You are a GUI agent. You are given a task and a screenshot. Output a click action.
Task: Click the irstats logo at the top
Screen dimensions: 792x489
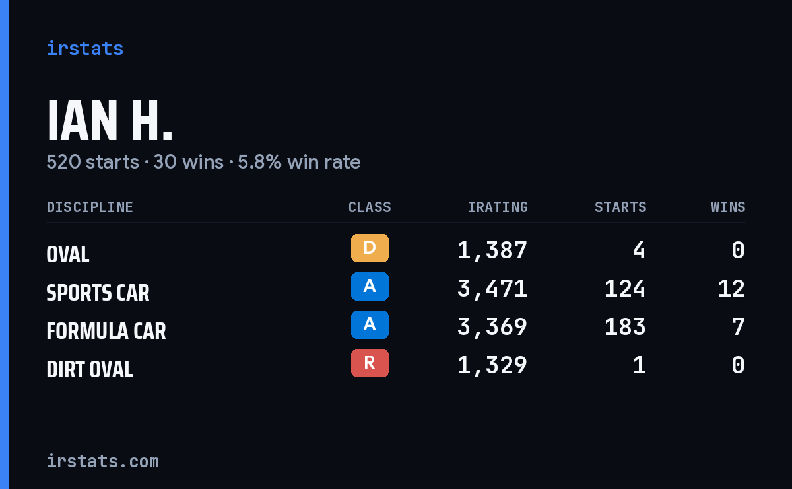(85, 48)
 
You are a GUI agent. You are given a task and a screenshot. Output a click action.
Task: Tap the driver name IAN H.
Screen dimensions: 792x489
(110, 121)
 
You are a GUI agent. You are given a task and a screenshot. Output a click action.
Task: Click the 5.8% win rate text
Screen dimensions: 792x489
(299, 162)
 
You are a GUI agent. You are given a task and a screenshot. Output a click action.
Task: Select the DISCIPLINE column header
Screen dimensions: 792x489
(90, 207)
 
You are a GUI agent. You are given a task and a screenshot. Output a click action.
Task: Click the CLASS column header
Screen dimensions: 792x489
(370, 207)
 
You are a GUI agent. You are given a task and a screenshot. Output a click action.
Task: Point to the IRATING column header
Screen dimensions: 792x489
(498, 207)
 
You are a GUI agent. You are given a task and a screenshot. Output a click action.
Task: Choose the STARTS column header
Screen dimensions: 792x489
(620, 207)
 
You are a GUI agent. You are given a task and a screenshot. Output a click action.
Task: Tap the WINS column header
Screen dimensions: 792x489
(729, 207)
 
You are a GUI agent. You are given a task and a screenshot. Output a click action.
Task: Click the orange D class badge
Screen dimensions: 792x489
(370, 248)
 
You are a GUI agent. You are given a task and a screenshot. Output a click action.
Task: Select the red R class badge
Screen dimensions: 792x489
(370, 363)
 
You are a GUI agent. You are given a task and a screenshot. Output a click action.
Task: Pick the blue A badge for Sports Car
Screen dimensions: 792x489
(370, 286)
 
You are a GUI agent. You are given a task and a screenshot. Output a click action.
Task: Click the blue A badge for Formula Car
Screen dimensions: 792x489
(370, 324)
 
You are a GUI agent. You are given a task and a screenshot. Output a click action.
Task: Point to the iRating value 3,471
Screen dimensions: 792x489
(492, 289)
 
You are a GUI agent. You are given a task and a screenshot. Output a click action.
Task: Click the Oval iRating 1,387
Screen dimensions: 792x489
(492, 250)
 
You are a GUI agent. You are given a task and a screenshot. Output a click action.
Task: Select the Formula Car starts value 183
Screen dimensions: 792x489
(625, 327)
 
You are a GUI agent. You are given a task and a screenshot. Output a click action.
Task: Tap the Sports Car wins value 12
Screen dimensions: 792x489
(731, 289)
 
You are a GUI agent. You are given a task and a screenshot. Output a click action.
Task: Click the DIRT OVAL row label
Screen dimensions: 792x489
(90, 369)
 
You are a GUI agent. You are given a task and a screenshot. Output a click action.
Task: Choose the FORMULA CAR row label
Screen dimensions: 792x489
(106, 331)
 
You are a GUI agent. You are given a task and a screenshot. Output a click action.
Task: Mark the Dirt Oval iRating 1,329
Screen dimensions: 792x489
(492, 366)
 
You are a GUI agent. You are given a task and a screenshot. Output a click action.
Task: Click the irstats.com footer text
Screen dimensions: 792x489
(103, 461)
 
